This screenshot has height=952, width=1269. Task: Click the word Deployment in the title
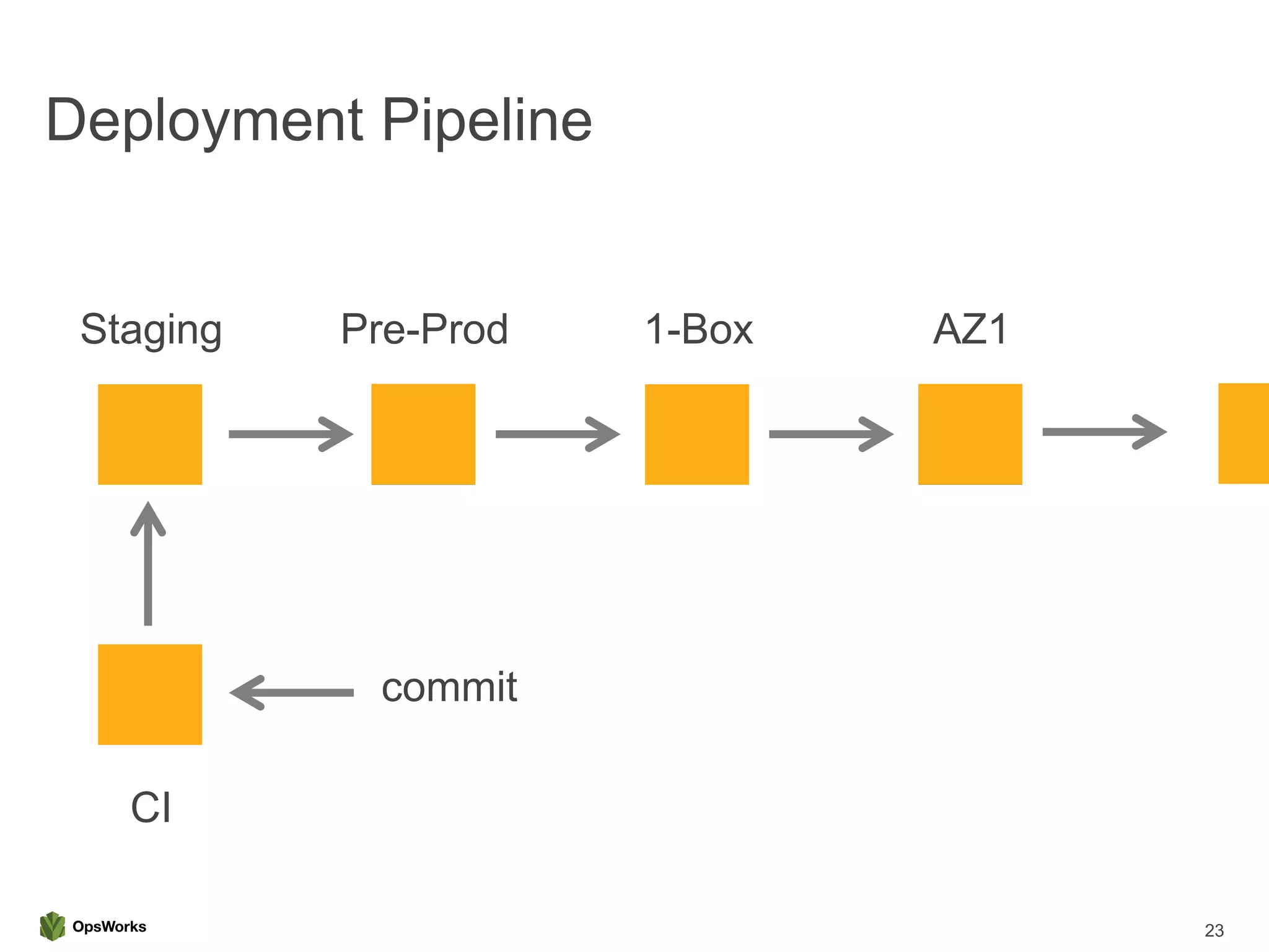[x=204, y=121]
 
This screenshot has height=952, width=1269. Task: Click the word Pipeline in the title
[x=486, y=121]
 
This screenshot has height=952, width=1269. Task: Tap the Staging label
[x=151, y=330]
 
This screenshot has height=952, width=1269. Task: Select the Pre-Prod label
[x=424, y=329]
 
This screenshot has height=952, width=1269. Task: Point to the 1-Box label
[x=698, y=329]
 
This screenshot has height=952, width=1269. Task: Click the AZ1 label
[x=970, y=329]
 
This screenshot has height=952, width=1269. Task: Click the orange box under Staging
[x=150, y=434]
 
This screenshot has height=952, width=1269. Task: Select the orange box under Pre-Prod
[x=423, y=434]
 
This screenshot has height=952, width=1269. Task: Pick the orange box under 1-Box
[x=696, y=434]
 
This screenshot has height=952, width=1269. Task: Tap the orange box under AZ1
[x=970, y=434]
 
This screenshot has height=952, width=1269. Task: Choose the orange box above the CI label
[x=150, y=694]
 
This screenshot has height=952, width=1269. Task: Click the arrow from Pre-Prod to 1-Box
[x=557, y=434]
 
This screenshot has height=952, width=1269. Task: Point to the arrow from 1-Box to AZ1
[x=830, y=434]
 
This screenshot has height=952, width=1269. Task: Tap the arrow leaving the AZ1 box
[x=1104, y=432]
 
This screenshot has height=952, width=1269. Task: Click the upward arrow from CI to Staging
[x=148, y=564]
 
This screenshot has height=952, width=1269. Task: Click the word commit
[x=449, y=687]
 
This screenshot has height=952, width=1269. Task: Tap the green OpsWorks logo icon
[x=52, y=926]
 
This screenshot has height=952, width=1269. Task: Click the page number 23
[x=1214, y=930]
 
